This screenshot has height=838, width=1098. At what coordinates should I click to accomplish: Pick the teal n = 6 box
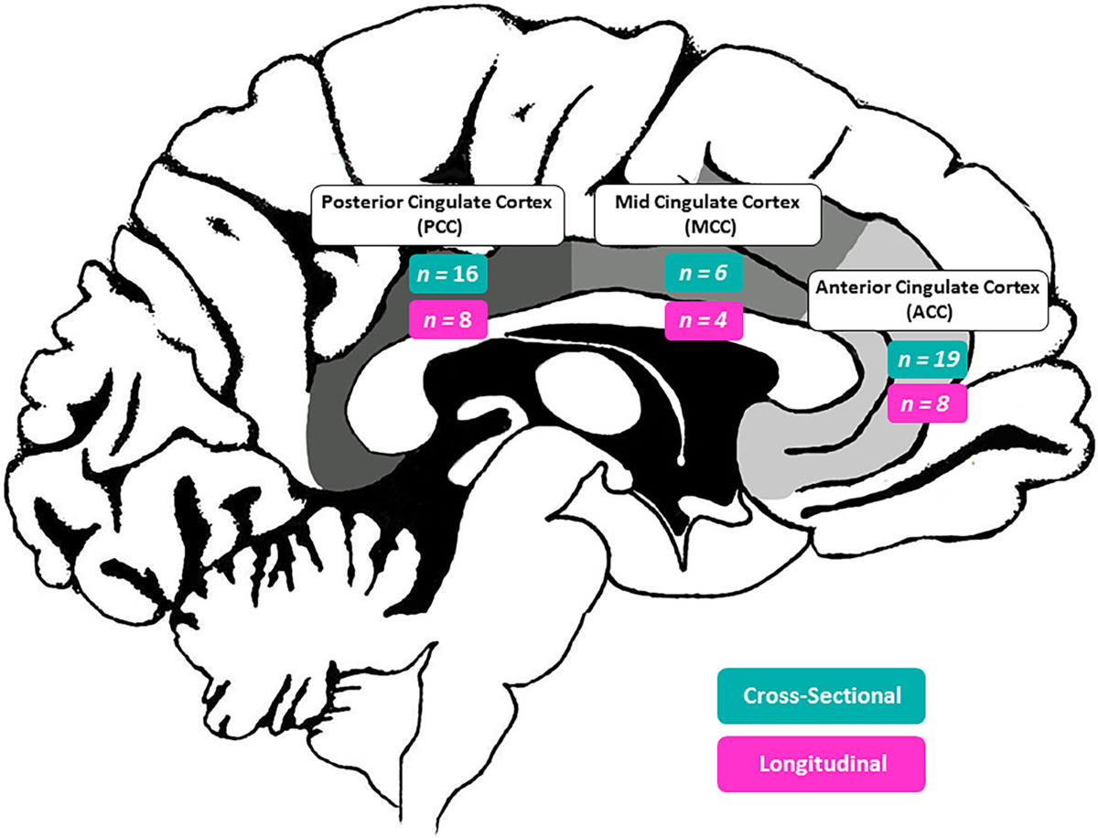click(702, 274)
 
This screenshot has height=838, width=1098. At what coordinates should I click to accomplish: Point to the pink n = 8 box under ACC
click(927, 403)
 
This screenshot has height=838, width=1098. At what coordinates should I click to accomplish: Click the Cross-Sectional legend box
click(821, 695)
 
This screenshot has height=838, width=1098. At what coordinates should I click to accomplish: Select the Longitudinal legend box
click(821, 763)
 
